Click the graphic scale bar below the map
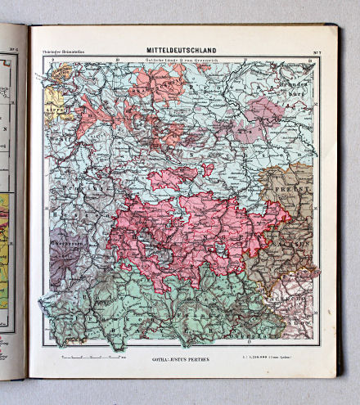click(x=90, y=358)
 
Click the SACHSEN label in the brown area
click(x=298, y=243)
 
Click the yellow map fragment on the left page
click(x=4, y=245)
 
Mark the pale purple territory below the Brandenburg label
click(x=263, y=110)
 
